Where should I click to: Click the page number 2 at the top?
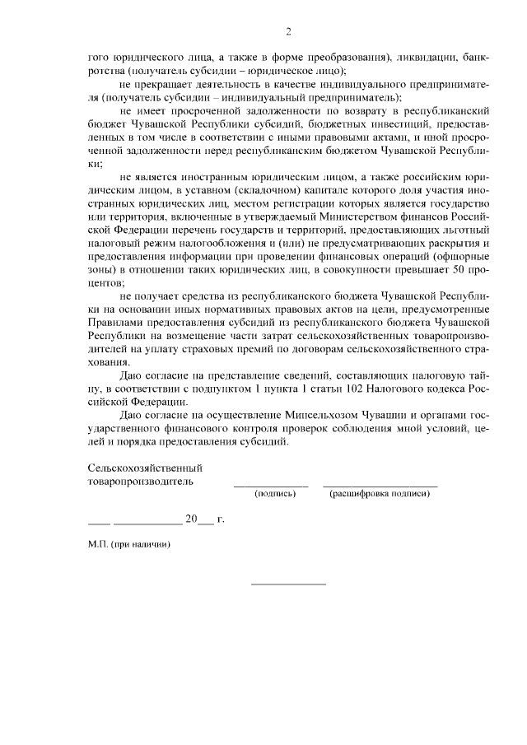click(x=288, y=32)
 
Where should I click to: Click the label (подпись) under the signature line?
click(x=274, y=494)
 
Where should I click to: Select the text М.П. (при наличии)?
click(x=128, y=544)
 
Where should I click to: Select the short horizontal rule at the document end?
click(x=288, y=584)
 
